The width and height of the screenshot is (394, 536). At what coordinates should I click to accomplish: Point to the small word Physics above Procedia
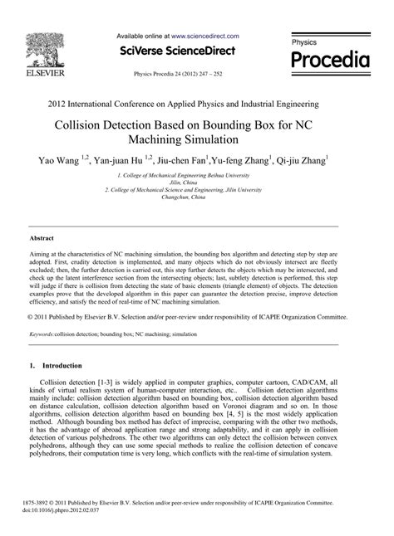304,41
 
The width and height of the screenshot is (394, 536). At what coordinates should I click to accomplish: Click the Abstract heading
42,236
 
